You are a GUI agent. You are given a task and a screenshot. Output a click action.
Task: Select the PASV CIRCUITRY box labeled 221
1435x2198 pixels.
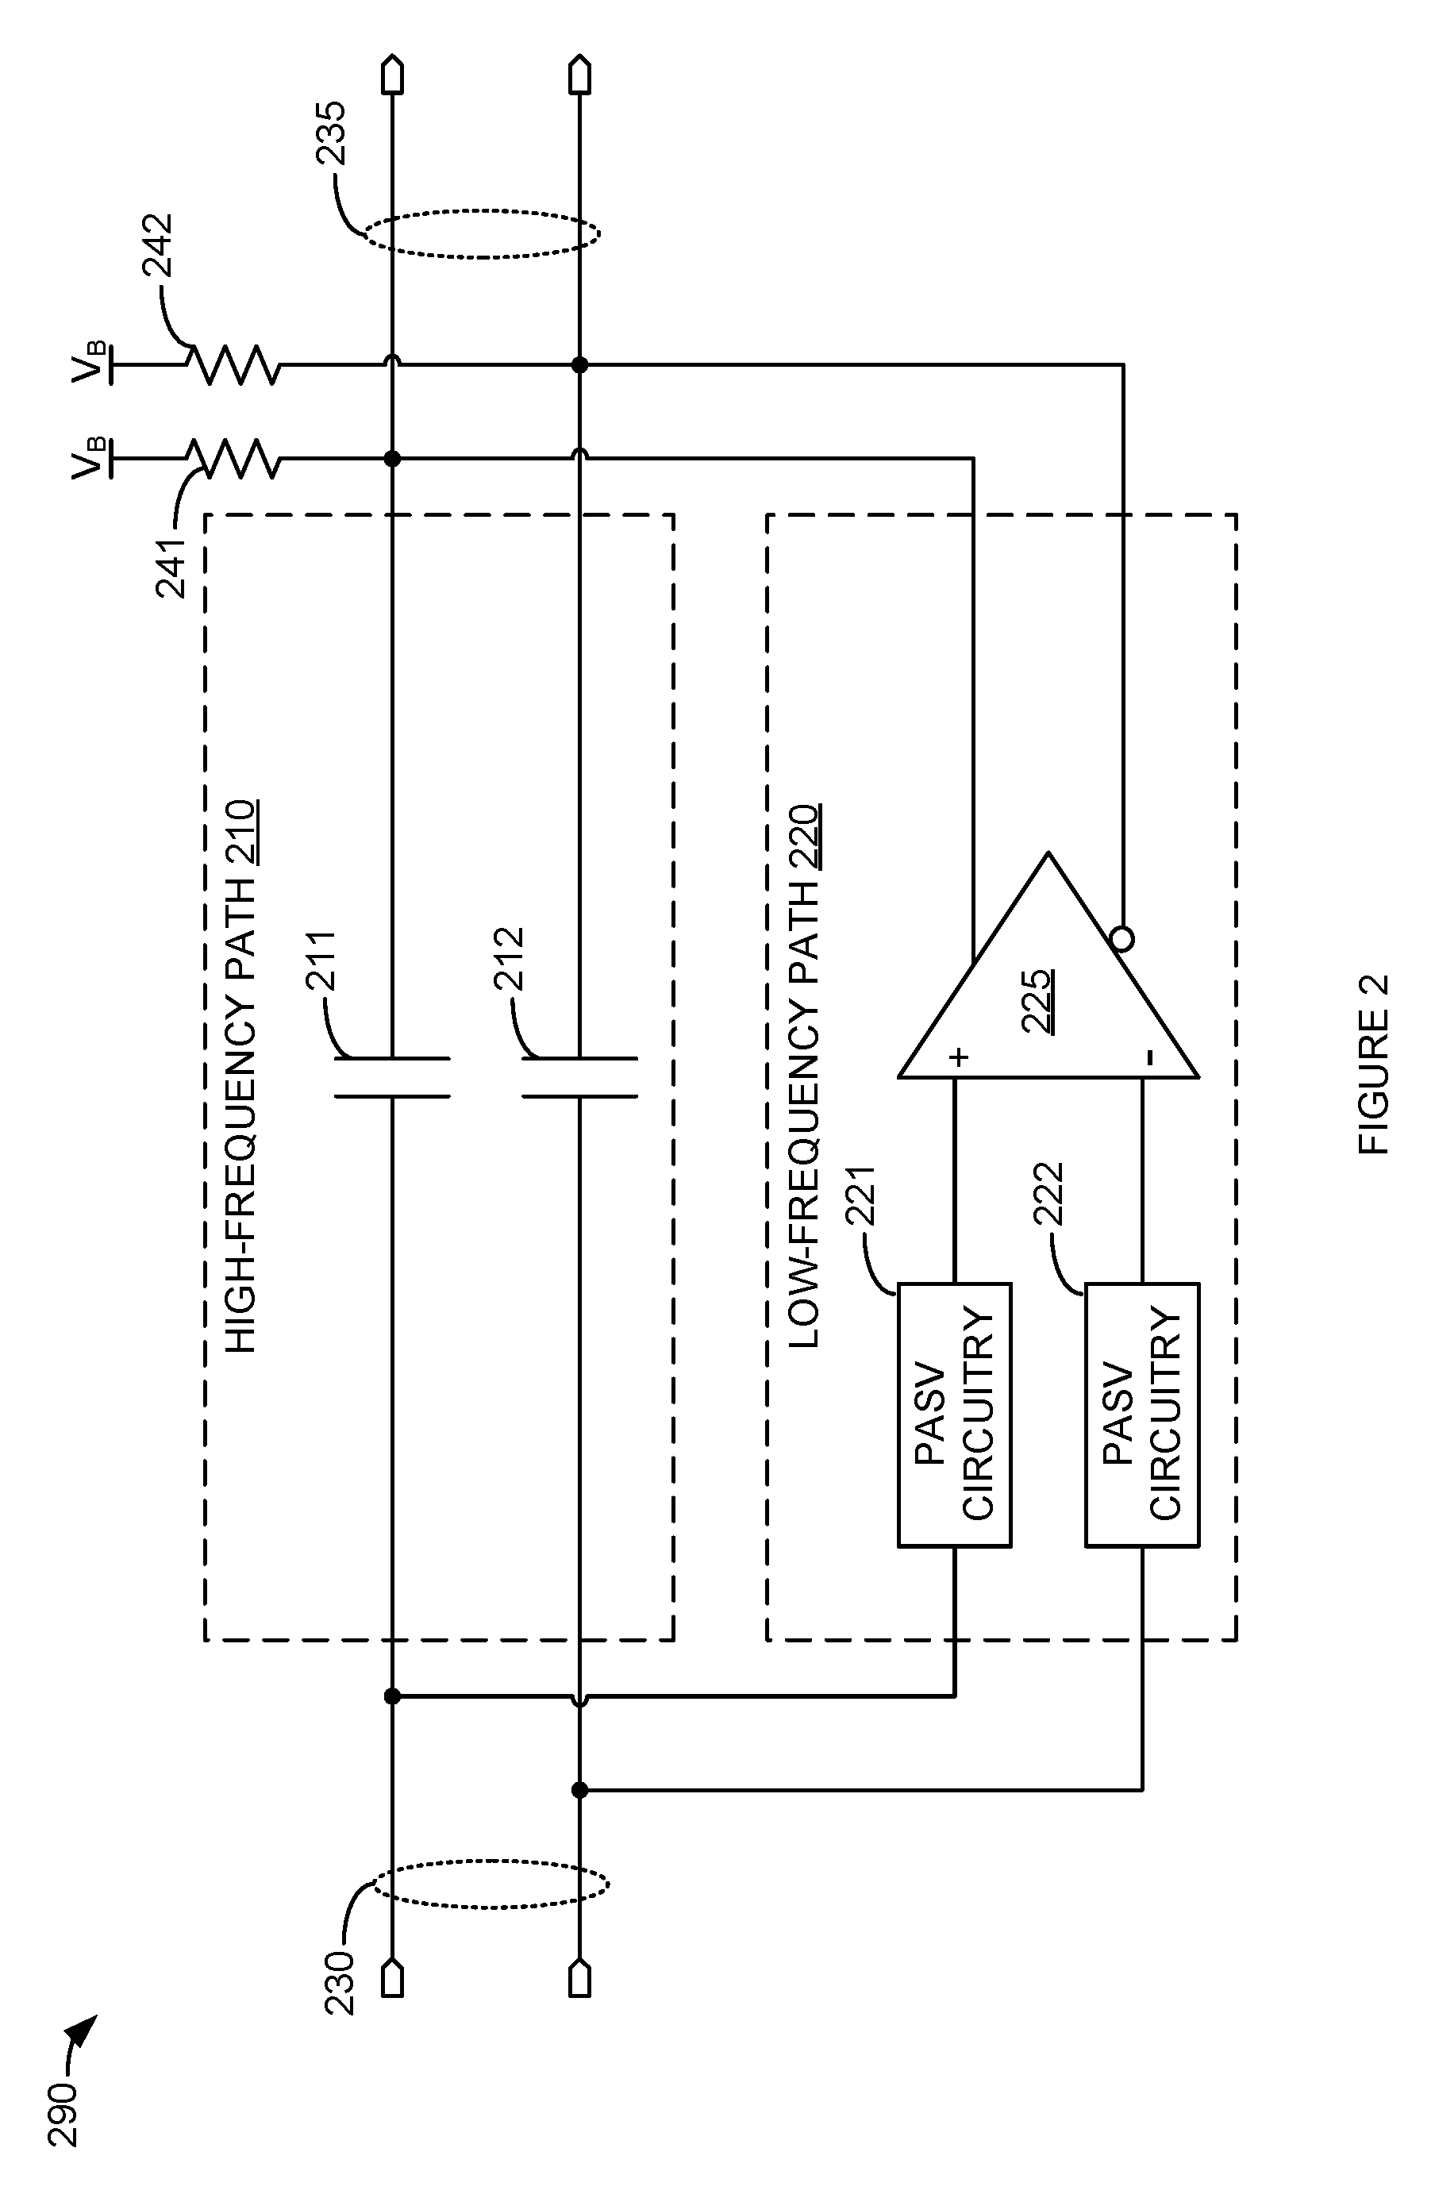point(955,1414)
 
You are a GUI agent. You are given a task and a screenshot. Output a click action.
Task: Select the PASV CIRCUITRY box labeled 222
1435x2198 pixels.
point(1142,1414)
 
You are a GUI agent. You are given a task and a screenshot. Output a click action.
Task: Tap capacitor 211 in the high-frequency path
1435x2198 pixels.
point(392,1077)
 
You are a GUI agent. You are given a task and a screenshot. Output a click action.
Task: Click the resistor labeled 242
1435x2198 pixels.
point(233,365)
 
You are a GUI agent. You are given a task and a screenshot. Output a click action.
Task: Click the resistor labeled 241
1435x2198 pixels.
point(233,459)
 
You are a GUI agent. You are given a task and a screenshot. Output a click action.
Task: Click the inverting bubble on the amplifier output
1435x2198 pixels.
point(1122,939)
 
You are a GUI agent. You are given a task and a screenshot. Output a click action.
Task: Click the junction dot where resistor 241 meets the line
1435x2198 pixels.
point(392,459)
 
